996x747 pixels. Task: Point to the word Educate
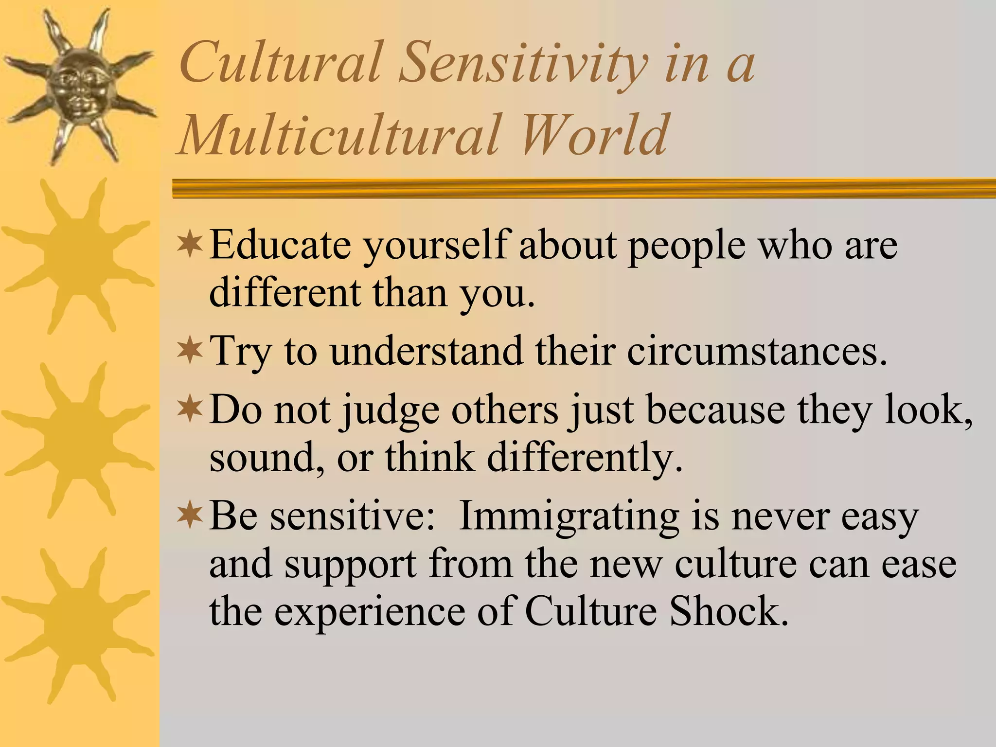pos(280,244)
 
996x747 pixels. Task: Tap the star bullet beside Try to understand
pos(189,350)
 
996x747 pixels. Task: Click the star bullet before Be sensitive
pos(189,516)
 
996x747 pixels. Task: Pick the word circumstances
pos(757,351)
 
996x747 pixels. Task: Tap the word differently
pos(585,458)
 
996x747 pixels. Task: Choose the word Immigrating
pos(569,517)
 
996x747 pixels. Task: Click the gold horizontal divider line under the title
pos(584,188)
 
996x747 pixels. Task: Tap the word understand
pos(426,351)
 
